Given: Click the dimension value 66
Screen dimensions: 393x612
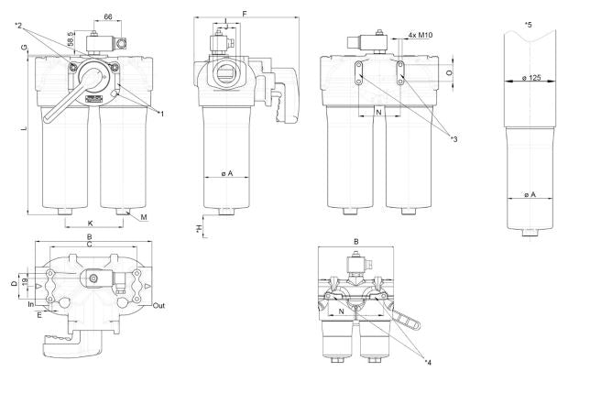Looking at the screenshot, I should (x=108, y=16).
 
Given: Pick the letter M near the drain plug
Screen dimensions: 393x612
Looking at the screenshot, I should (x=145, y=217).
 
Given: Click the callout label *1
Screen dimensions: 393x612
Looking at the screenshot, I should (x=161, y=114).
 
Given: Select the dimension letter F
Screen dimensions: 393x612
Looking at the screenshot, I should (x=243, y=13).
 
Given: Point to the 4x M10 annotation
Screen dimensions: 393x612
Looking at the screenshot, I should (x=418, y=36).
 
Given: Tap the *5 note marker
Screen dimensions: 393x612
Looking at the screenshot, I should (x=528, y=23).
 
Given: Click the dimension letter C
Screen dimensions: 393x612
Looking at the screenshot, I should (x=89, y=245).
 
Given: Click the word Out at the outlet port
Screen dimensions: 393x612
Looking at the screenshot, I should (x=158, y=306).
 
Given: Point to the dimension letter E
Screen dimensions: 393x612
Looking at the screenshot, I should (x=39, y=314).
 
